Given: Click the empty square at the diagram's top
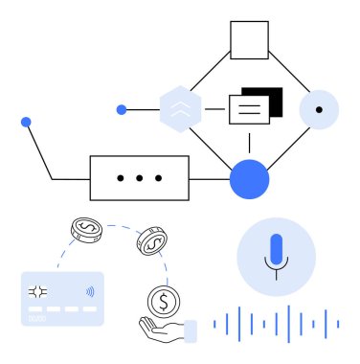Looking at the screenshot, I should (249, 41).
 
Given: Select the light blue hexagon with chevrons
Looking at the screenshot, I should (179, 110).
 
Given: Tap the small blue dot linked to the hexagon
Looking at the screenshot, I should (122, 110).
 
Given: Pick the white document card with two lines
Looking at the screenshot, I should (248, 109).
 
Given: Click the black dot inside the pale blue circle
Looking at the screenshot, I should (319, 110).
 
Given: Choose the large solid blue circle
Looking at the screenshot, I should (250, 178).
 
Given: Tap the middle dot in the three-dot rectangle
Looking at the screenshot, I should (139, 178).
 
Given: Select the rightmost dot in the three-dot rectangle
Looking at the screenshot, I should (159, 178).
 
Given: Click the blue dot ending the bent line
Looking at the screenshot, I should (26, 122).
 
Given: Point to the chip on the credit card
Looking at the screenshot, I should (38, 292).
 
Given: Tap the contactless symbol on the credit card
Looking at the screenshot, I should (89, 292).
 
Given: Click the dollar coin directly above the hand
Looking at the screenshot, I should (163, 303).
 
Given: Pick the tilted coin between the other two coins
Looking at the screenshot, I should (151, 241).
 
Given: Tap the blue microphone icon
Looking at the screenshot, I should (277, 251).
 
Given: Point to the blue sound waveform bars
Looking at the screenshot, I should (277, 323).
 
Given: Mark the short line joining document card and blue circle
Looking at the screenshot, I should (250, 142).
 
